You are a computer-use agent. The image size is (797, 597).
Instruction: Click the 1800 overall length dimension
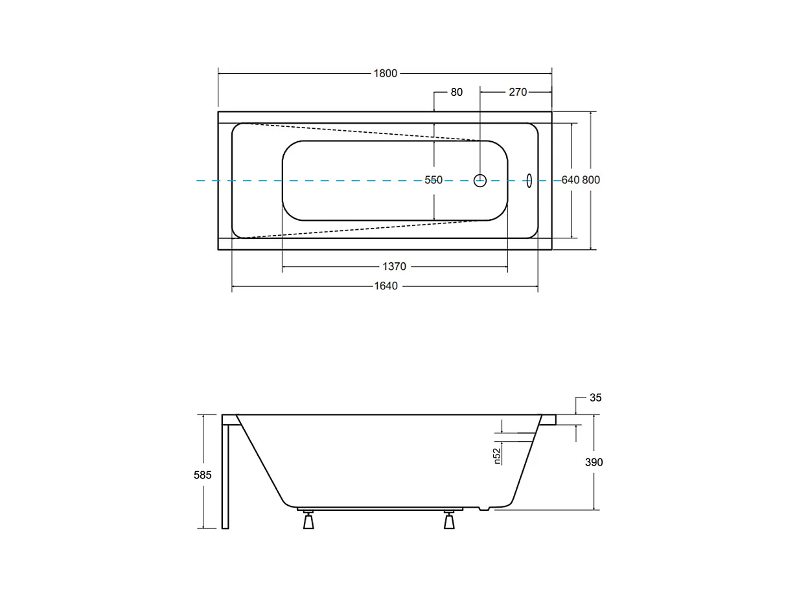[x=385, y=74]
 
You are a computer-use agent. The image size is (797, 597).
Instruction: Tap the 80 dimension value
[x=457, y=92]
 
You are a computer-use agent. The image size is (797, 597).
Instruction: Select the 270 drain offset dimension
[x=518, y=92]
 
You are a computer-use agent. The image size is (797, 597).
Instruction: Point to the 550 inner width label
[x=433, y=180]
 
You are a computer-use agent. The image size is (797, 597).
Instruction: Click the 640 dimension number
[x=570, y=180]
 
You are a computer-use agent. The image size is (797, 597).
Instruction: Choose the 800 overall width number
[x=591, y=180]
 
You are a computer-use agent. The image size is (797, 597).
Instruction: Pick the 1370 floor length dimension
[x=394, y=267]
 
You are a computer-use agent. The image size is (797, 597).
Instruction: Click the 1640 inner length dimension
[x=386, y=286]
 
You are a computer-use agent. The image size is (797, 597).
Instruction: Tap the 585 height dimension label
[x=203, y=475]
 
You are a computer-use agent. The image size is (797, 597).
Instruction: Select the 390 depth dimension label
[x=594, y=462]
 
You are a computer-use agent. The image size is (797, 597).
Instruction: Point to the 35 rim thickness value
[x=595, y=398]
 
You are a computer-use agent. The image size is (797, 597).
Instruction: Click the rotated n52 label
[x=497, y=456]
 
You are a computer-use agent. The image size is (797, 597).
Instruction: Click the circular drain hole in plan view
[x=480, y=181]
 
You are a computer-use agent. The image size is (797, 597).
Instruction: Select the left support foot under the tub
[x=308, y=521]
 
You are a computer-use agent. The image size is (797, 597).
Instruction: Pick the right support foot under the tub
[x=449, y=521]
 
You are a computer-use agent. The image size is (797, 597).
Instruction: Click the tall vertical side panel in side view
[x=225, y=476]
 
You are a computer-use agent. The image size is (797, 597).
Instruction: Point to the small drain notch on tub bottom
[x=483, y=509]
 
